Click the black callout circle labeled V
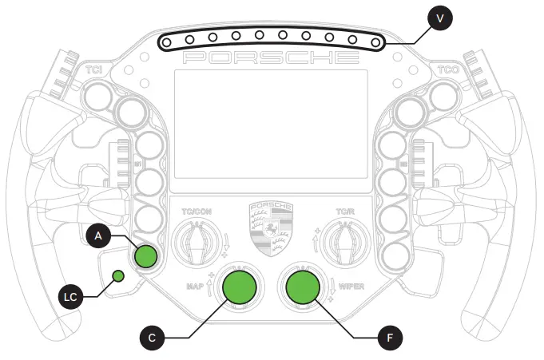(x=438, y=17)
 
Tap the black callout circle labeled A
(x=97, y=235)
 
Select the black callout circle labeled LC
(x=70, y=297)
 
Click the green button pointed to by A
(x=145, y=256)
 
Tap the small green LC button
(x=118, y=276)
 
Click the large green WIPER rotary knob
(x=303, y=287)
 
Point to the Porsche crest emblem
(x=272, y=228)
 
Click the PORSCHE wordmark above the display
(x=271, y=58)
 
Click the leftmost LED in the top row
(x=168, y=39)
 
